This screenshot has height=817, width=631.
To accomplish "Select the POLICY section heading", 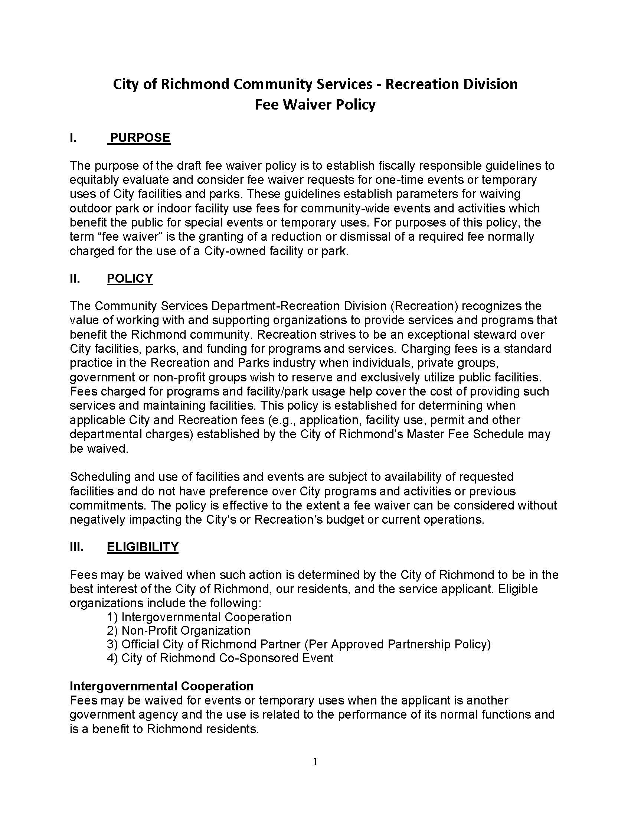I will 130,278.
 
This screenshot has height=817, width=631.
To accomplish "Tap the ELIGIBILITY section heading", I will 143,547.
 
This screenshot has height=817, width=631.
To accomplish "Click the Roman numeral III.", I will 76,547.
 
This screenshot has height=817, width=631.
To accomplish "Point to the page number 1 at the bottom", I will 315,762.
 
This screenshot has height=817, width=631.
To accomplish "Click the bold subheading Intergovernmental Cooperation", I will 161,686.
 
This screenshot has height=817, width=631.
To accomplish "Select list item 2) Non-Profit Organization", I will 178,630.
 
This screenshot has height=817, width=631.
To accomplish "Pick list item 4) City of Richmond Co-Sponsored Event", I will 220,658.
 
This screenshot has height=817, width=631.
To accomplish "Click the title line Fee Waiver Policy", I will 315,105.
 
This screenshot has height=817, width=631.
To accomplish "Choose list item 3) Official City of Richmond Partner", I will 298,644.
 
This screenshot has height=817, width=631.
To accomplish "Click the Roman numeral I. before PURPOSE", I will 73,138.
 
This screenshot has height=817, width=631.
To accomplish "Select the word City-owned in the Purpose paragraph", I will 235,251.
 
